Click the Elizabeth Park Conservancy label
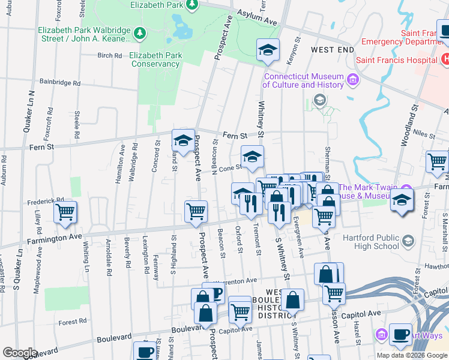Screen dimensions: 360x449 [x=155, y=59]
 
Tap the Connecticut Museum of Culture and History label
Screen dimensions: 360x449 [x=304, y=80]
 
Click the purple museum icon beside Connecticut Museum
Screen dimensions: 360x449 [x=352, y=79]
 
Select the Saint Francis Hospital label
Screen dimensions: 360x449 [x=396, y=60]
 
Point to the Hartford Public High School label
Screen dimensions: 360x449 [x=371, y=242]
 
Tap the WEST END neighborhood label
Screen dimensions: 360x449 [x=333, y=49]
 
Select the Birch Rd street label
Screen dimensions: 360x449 [x=109, y=55]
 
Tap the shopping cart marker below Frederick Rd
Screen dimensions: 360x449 [x=65, y=213]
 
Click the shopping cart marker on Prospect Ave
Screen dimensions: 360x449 [x=196, y=212]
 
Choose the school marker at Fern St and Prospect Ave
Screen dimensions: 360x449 [x=183, y=142]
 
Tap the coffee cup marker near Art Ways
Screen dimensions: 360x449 [x=400, y=334]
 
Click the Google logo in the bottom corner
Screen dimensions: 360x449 [x=20, y=353]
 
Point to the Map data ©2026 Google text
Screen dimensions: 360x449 [x=412, y=355]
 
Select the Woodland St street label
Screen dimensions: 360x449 [x=414, y=125]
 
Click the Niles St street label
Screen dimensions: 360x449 [x=424, y=136]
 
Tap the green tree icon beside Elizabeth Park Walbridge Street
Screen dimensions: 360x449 [x=139, y=31]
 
